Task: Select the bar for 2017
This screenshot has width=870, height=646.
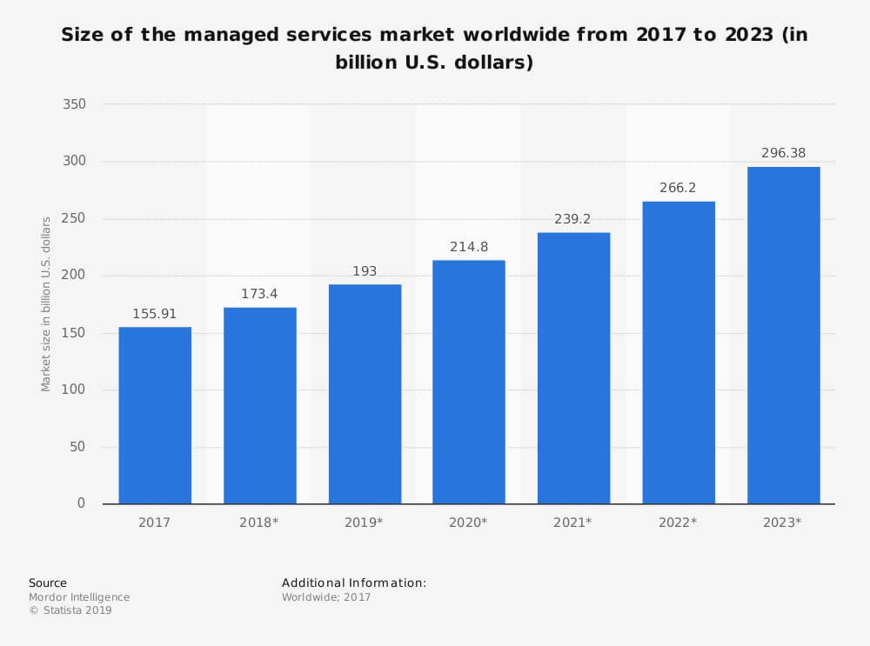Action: (x=155, y=416)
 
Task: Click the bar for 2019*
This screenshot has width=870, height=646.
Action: (x=365, y=394)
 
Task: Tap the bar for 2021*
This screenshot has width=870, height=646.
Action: (x=573, y=368)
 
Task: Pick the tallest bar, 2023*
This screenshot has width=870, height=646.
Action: (x=783, y=336)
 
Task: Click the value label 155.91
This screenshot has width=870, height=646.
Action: (x=155, y=314)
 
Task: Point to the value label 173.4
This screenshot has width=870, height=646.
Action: (x=260, y=294)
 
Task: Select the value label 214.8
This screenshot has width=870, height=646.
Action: (x=469, y=247)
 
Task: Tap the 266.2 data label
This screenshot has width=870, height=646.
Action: (x=679, y=188)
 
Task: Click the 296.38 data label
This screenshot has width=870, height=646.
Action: (x=783, y=153)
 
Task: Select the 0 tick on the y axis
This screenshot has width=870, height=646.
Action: (x=81, y=503)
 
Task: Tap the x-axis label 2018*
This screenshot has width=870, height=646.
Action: (x=260, y=523)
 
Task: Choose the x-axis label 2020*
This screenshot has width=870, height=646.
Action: (x=469, y=523)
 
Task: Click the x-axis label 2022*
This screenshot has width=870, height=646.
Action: (x=679, y=523)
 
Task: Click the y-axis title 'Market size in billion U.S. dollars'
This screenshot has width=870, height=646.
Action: (x=46, y=304)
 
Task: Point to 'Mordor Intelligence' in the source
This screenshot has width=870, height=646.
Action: (x=79, y=597)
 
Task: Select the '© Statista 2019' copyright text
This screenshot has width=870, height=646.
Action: (x=70, y=610)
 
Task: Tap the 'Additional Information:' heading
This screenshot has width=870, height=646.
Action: (x=354, y=583)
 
